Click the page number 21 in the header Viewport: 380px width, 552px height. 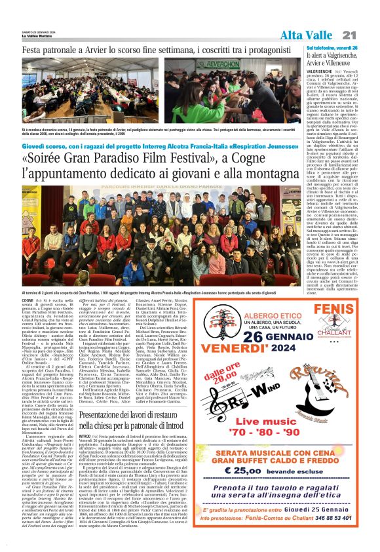(x=367, y=34)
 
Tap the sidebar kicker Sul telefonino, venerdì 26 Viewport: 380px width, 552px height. (x=331, y=49)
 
